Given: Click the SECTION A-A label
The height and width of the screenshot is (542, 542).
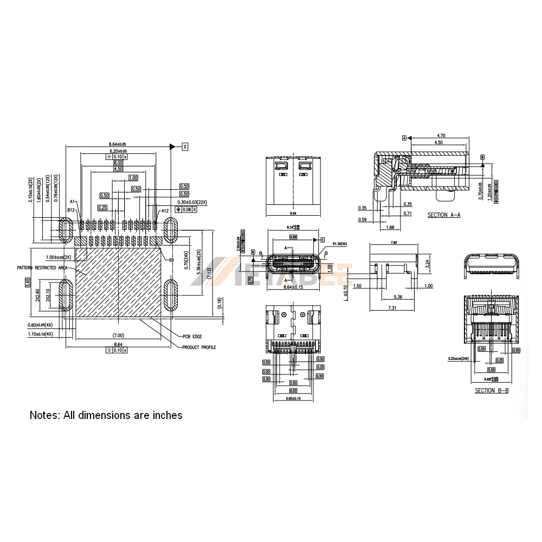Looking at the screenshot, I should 443,215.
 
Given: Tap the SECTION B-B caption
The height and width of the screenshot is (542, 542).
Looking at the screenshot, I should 492,390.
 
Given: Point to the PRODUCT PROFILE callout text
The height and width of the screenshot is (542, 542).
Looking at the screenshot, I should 199,347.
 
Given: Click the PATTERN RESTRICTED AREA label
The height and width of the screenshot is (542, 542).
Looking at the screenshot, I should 42,268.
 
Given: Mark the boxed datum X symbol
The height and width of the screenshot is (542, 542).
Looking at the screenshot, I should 185,146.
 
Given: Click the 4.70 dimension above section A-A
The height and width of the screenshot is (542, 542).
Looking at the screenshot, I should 441,135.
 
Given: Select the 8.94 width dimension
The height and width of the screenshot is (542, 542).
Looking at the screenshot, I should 293,215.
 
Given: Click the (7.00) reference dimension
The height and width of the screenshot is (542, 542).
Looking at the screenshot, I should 118,335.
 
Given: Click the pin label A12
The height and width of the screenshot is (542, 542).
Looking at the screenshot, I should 165,210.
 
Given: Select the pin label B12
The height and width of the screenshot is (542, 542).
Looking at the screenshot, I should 70,210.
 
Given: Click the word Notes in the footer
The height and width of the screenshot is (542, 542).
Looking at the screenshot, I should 45,415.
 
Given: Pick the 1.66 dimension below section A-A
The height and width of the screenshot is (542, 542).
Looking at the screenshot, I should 390,228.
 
